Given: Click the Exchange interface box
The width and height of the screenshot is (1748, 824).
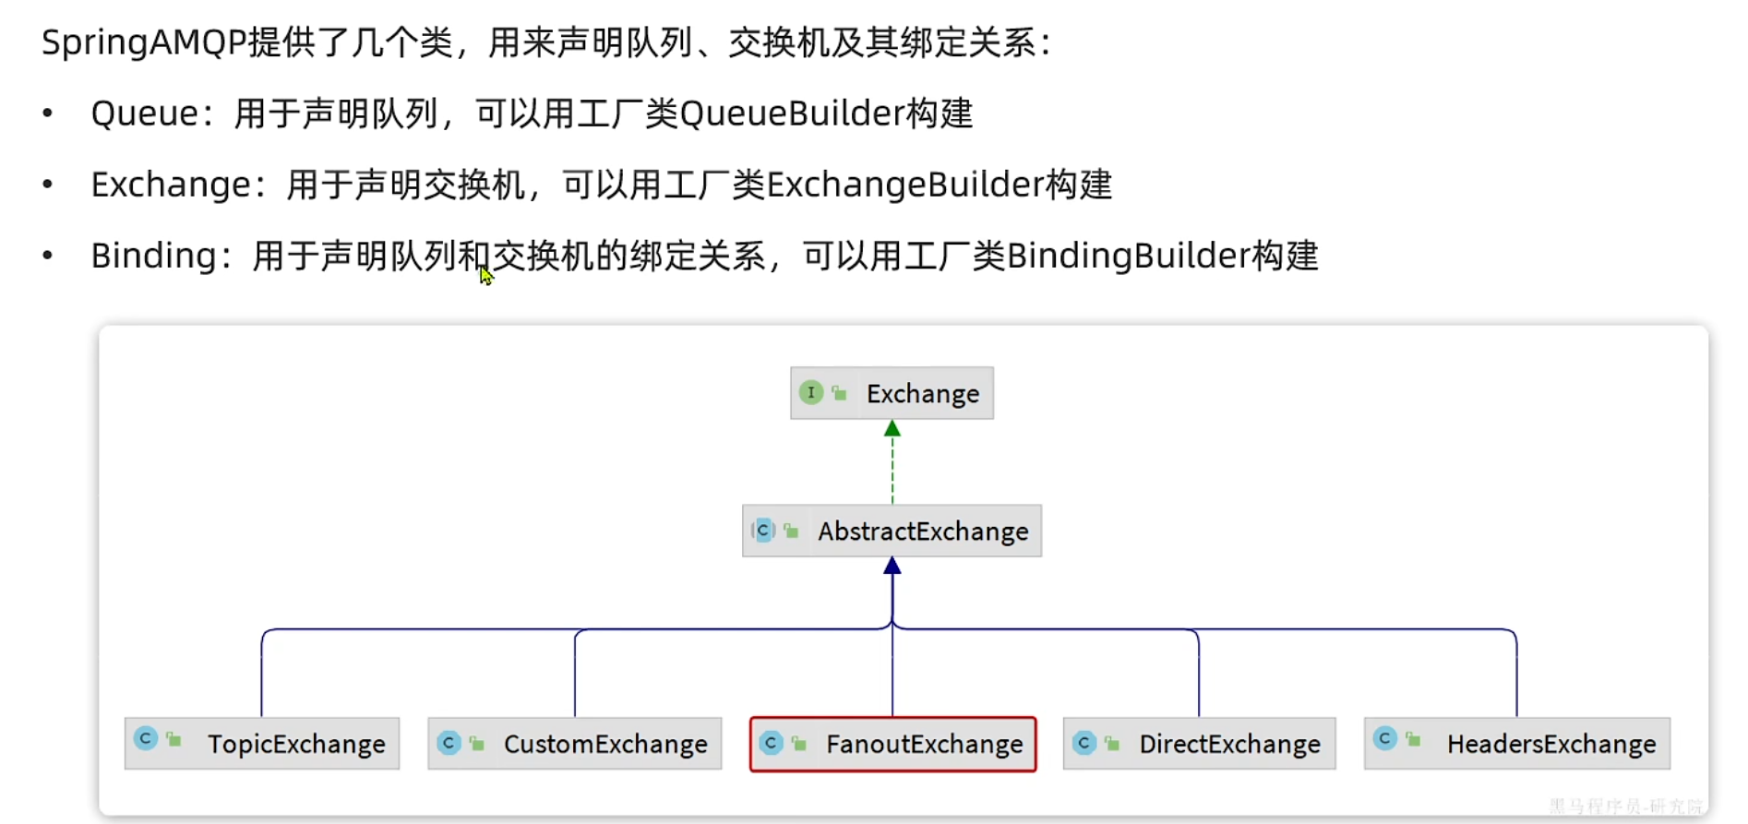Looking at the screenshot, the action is [x=892, y=393].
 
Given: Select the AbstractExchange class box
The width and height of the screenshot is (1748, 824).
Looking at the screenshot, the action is [x=892, y=531].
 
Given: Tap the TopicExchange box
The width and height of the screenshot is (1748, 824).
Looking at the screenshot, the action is [x=262, y=744].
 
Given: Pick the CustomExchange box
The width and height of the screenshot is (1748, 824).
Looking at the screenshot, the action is [x=574, y=744].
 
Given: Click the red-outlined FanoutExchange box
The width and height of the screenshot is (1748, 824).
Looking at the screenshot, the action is [x=892, y=744].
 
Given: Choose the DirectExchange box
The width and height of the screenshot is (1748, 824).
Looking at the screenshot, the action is [x=1199, y=744].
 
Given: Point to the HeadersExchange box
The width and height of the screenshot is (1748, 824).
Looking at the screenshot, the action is [x=1516, y=744].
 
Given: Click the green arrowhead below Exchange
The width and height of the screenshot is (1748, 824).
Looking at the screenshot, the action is [x=892, y=429].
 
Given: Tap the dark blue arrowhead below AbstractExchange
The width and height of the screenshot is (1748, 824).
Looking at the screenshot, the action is [x=892, y=567].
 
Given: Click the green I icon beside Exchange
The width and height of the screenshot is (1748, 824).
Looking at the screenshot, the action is [x=810, y=393].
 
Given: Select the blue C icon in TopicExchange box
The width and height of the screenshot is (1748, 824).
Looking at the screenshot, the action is [x=146, y=739].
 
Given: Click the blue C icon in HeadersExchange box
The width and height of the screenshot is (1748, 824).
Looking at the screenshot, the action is [x=1384, y=739].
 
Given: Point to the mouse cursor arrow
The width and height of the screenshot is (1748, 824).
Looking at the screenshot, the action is [x=485, y=275].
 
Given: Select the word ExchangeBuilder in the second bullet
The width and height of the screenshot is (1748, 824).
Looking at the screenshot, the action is [x=904, y=185].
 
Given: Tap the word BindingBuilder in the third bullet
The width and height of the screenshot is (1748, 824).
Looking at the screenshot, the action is [x=1127, y=256].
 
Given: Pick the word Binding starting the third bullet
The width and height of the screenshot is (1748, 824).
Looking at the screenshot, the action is [x=153, y=256].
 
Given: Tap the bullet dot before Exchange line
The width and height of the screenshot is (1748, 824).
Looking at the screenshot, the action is [x=48, y=185].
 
